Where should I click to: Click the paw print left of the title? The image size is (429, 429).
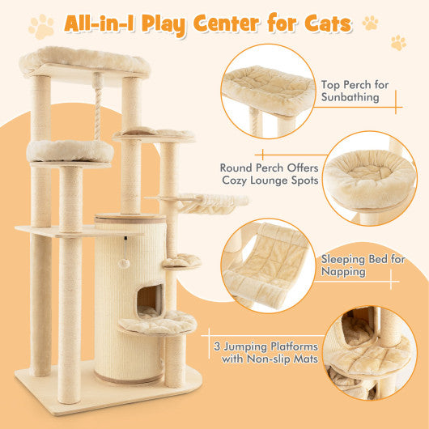[41, 27]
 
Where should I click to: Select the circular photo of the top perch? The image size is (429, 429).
[267, 89]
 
